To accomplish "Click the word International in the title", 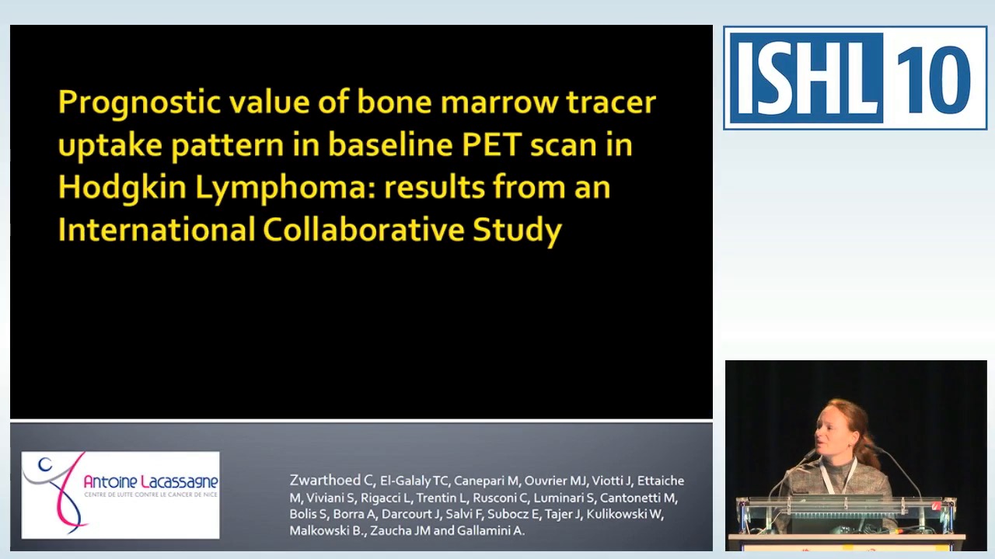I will pos(156,230).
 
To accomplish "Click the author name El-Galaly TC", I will pos(414,481).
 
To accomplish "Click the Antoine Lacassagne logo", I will pos(120,495).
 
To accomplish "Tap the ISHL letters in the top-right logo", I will pos(805,78).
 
